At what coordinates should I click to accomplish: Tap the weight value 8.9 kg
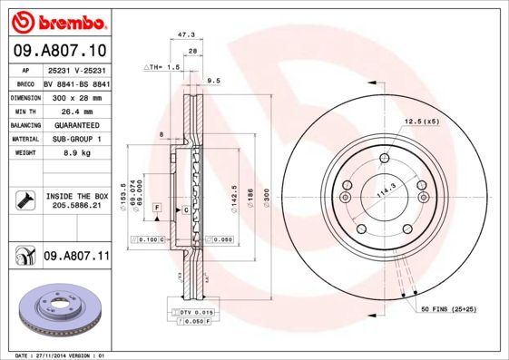point(75,153)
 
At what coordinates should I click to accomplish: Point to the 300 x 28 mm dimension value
point(75,95)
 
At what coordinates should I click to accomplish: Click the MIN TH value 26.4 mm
point(75,110)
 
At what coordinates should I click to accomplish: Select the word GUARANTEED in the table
point(75,124)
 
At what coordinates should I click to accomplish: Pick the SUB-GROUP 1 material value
point(75,139)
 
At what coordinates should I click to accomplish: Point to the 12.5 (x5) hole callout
point(421,122)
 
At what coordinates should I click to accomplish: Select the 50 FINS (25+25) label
point(450,311)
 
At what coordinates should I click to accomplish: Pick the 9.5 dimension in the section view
point(214,81)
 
